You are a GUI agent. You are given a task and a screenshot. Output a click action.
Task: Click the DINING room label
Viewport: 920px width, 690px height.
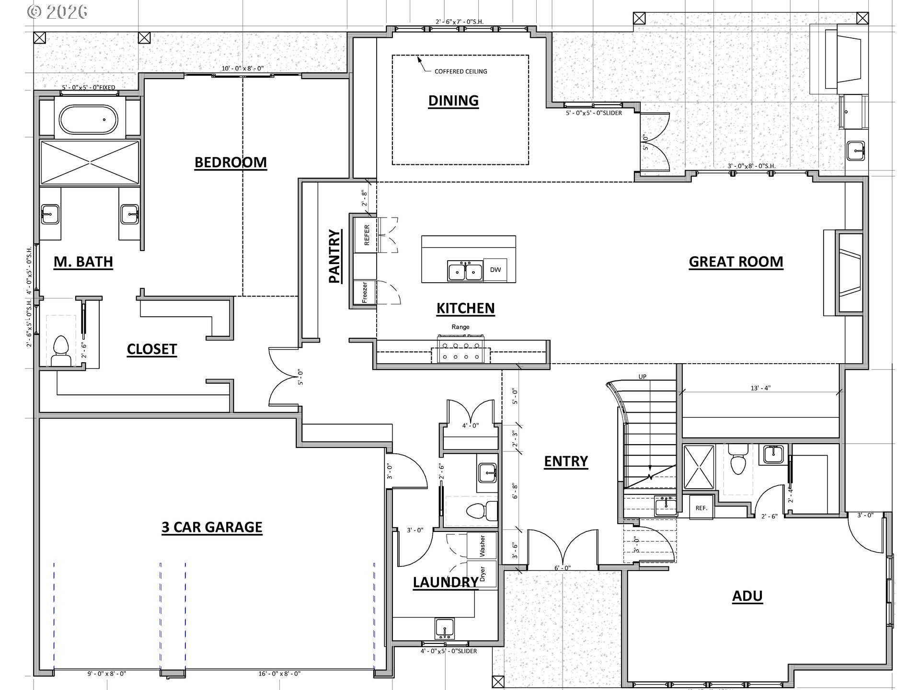(453, 101)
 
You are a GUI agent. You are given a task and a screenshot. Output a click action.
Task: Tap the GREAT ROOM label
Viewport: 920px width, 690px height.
(736, 262)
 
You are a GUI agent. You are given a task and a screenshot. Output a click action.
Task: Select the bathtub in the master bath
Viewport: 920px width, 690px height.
(88, 119)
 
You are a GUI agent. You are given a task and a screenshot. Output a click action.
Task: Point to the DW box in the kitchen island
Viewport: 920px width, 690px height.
(495, 270)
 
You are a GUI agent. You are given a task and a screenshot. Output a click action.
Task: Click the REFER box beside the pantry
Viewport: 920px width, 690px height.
(367, 235)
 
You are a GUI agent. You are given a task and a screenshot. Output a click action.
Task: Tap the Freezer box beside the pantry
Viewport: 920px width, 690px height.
(365, 292)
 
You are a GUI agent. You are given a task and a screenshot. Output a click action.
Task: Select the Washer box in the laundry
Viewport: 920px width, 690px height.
(482, 545)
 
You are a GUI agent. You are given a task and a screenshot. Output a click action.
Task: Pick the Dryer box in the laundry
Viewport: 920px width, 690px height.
(482, 574)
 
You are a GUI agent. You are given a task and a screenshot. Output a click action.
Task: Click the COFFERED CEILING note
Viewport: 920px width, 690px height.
(460, 71)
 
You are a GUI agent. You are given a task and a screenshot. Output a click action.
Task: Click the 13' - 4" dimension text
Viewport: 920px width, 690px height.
(760, 388)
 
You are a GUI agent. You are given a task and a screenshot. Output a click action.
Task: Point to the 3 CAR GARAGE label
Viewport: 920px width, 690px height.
(212, 527)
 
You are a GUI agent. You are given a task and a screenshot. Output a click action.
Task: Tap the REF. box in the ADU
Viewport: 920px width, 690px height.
(701, 508)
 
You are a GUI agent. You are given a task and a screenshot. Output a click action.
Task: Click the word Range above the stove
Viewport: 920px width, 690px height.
(460, 327)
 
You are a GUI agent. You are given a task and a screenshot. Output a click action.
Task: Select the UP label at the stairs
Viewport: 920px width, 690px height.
(642, 377)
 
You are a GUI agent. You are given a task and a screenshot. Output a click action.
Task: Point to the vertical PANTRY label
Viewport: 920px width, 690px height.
(334, 256)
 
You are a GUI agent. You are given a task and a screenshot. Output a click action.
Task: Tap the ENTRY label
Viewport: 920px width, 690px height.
(565, 461)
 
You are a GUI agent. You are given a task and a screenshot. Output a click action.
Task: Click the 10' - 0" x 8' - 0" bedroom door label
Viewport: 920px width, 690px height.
(242, 69)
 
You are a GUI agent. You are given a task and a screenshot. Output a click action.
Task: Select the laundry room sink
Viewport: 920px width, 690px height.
(444, 628)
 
